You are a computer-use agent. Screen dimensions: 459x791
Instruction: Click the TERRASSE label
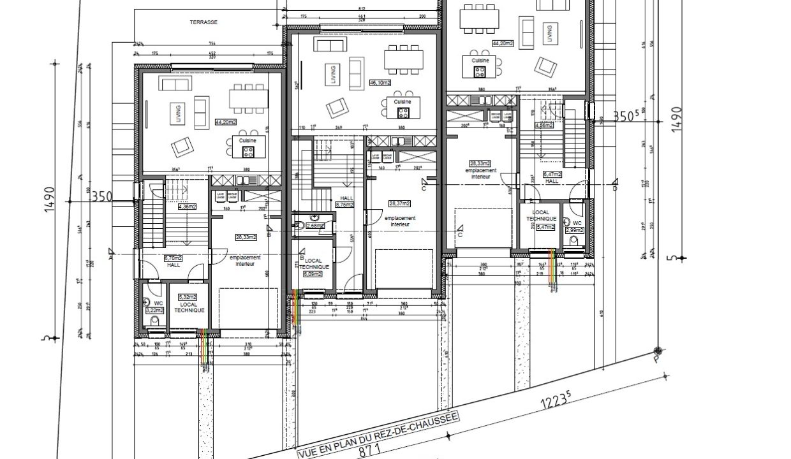point(203,22)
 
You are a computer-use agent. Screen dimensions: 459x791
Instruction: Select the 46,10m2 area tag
point(380,83)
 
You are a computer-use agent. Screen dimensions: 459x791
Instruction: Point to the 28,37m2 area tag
point(399,204)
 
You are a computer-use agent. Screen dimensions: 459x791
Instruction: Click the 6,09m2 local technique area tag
point(313,275)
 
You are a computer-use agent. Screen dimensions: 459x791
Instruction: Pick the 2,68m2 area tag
point(316,226)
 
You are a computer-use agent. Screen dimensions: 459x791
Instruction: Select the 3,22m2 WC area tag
point(155,310)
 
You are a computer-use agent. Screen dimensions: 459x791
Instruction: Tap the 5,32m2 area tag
point(188,297)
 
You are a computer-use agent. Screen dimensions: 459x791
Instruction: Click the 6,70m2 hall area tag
point(174,258)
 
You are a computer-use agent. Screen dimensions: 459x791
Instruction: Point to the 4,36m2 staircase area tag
point(187,207)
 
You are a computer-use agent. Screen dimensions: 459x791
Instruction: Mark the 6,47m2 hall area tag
point(552,174)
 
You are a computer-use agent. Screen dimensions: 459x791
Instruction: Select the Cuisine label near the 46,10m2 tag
point(403,102)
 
